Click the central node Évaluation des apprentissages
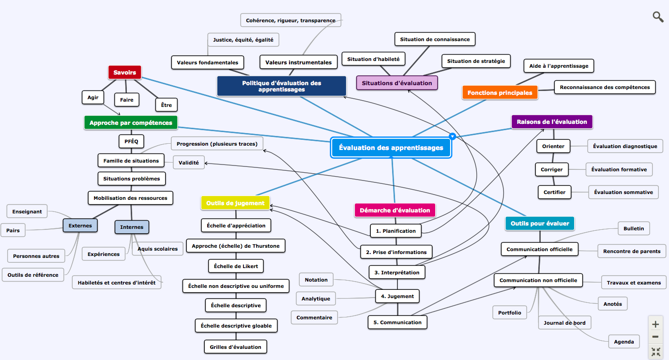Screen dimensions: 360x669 click(391, 148)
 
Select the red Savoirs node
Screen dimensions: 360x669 click(124, 73)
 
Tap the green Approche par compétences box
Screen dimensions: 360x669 click(131, 123)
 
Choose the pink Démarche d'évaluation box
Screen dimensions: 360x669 click(395, 210)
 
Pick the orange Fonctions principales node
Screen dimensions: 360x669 click(500, 92)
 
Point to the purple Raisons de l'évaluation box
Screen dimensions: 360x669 click(552, 122)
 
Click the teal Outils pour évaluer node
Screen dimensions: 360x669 click(540, 223)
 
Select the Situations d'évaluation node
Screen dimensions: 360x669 click(397, 83)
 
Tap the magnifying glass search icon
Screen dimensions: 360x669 click(658, 17)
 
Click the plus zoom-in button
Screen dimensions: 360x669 click(655, 324)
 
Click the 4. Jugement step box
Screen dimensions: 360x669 click(397, 296)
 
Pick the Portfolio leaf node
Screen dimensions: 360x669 click(510, 313)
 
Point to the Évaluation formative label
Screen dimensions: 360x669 click(619, 169)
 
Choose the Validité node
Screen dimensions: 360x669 click(189, 163)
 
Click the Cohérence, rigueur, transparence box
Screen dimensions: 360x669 click(290, 20)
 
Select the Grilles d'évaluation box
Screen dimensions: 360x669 click(236, 347)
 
